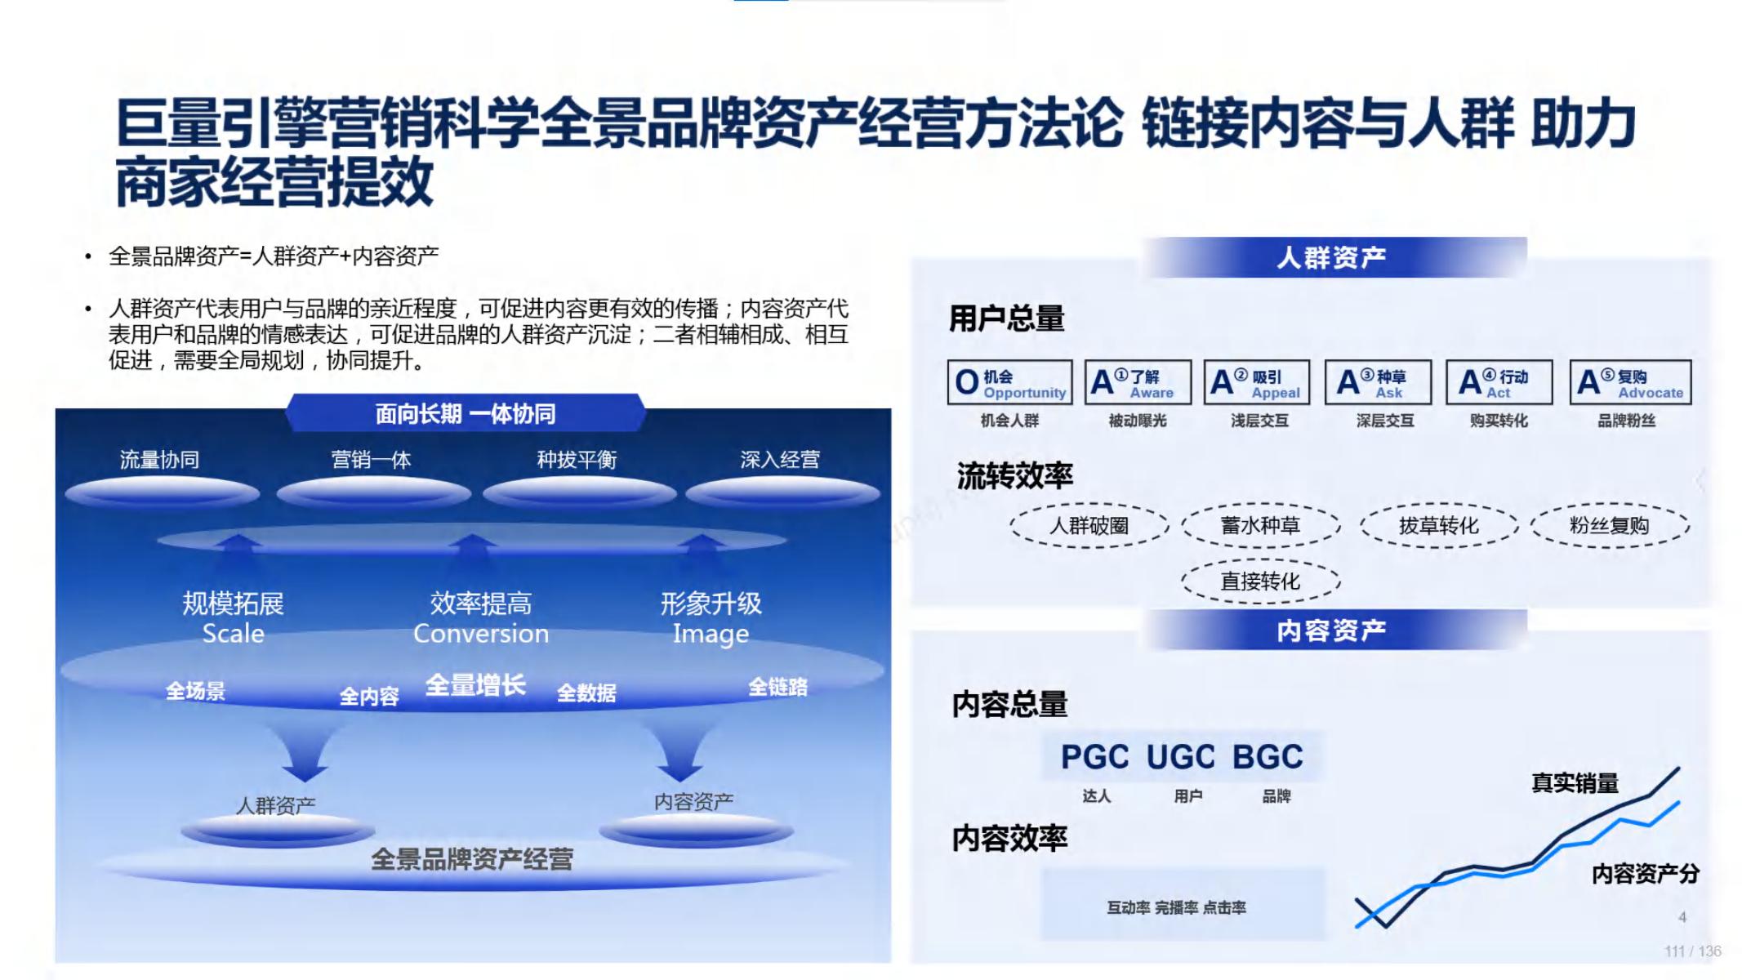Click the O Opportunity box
[1010, 382]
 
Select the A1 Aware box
[1138, 382]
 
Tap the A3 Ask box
[1378, 382]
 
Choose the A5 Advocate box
[1630, 382]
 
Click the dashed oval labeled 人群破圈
[1089, 525]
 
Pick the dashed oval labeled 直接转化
[1260, 581]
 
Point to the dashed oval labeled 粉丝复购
[1610, 525]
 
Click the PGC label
[1094, 757]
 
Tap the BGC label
[1268, 757]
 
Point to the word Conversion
[481, 634]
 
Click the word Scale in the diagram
[234, 634]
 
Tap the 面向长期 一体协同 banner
[466, 413]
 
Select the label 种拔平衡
[577, 460]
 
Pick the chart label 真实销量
[1575, 783]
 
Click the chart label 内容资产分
[1646, 875]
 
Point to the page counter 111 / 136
[1693, 951]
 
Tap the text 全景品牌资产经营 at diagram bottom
[472, 859]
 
